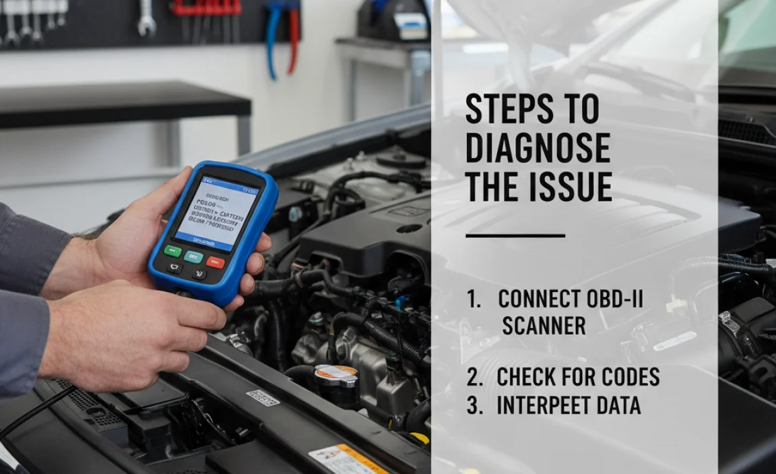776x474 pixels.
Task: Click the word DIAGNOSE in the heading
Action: coord(538,147)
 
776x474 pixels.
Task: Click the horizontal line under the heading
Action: coord(515,236)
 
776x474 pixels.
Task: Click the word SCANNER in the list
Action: coord(544,326)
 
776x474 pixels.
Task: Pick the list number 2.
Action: coord(474,378)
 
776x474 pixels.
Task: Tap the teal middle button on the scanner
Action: coord(193,256)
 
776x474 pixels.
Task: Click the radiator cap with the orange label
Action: coord(335,372)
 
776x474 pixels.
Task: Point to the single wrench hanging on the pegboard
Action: coord(146,18)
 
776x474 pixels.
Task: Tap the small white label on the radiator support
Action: coord(263,397)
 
